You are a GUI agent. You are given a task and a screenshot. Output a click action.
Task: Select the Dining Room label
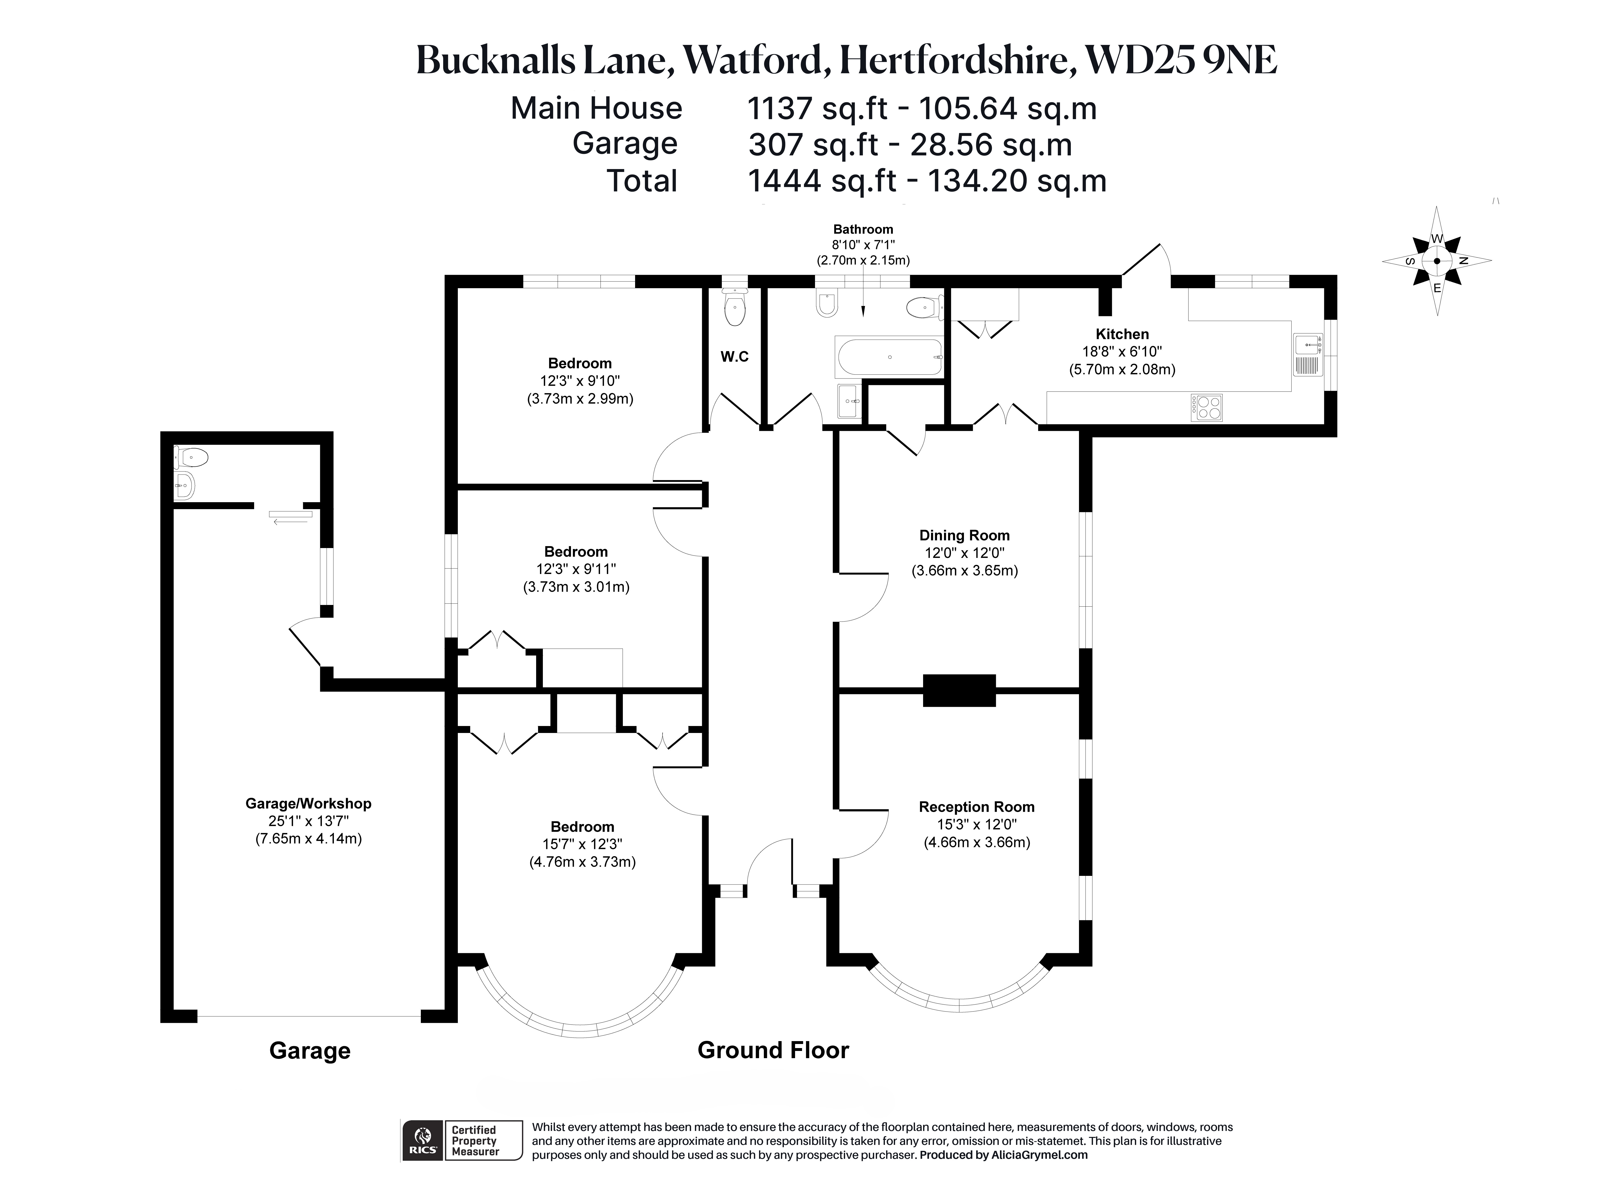pos(964,535)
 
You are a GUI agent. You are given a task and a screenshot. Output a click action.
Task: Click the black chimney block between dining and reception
pos(959,690)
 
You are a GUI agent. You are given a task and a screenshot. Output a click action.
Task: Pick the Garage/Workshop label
pos(308,803)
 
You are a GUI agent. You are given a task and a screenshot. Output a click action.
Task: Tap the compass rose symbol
pos(1436,262)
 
